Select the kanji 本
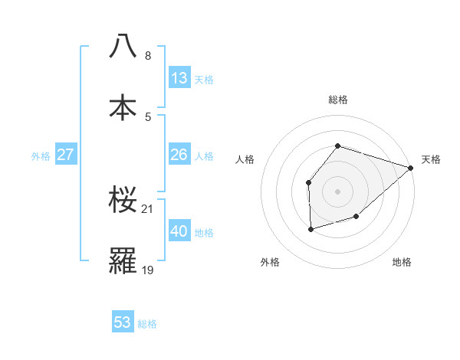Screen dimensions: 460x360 (123, 107)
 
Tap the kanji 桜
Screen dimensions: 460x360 (123, 200)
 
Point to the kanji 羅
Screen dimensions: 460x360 (123, 261)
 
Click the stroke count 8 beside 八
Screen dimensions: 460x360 (148, 56)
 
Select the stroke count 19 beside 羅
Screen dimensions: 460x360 (149, 270)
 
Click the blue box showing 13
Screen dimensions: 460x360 (179, 77)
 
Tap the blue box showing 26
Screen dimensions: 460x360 (179, 155)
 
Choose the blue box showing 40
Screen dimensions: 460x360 (179, 231)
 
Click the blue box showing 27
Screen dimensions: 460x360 (66, 155)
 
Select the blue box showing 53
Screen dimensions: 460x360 (123, 322)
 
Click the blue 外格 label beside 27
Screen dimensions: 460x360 (41, 156)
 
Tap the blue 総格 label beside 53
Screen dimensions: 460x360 (147, 324)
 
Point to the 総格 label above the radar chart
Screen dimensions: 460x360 (338, 100)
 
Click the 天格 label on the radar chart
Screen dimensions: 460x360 (431, 159)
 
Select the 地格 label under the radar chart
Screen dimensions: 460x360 (402, 262)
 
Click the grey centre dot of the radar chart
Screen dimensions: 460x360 (338, 191)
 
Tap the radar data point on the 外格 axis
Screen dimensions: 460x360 (310, 229)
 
